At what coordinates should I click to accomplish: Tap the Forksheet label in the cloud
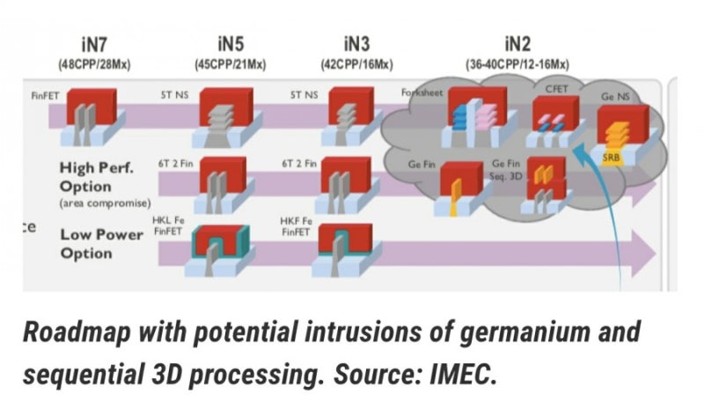pyautogui.click(x=421, y=93)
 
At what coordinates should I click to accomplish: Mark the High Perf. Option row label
pyautogui.click(x=97, y=177)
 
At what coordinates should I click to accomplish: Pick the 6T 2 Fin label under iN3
pyautogui.click(x=298, y=163)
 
